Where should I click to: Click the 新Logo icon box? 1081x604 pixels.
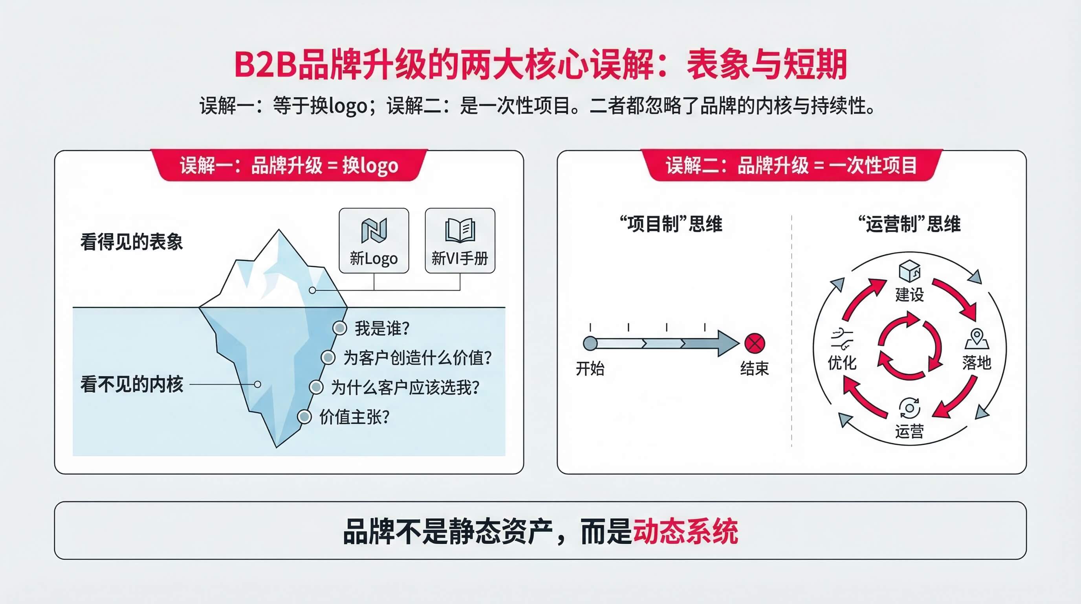(374, 241)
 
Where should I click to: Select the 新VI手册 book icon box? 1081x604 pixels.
(460, 241)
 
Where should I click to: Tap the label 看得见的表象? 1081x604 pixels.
(132, 242)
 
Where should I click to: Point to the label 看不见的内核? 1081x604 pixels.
(132, 384)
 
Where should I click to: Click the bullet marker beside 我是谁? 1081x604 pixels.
(339, 328)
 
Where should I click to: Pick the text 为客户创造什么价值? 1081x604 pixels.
(418, 358)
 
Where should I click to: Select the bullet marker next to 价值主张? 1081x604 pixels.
(304, 417)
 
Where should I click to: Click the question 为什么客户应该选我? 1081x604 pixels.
(405, 387)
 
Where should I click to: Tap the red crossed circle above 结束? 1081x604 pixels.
(755, 344)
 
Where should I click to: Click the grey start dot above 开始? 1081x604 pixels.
(590, 343)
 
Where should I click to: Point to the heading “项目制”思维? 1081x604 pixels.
(671, 224)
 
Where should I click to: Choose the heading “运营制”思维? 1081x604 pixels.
(909, 224)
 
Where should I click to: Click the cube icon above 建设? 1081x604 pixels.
(910, 271)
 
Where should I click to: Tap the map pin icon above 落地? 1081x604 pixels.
(977, 339)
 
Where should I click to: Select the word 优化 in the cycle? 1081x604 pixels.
(842, 363)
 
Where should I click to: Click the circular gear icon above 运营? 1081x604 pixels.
(909, 408)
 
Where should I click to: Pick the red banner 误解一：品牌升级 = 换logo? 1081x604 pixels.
(289, 165)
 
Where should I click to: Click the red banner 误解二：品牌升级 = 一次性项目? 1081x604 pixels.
(792, 165)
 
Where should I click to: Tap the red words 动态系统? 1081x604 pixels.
(685, 532)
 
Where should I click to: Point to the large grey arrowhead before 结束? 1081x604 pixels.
(727, 344)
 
